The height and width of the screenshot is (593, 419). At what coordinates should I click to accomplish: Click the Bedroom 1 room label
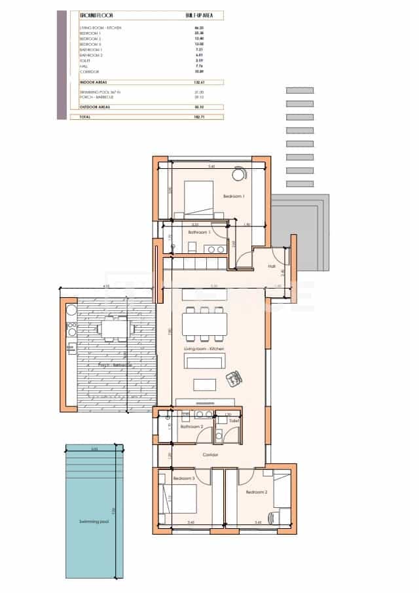(233, 196)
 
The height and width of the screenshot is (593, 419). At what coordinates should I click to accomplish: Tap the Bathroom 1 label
(197, 232)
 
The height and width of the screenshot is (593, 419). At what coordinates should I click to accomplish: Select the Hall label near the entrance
(271, 266)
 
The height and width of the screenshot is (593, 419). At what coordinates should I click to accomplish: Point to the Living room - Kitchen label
(204, 349)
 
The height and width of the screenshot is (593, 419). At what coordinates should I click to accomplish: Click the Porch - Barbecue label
(115, 365)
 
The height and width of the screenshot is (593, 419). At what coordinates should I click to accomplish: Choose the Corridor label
(210, 454)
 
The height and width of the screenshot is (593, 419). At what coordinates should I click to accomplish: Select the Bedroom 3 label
(184, 478)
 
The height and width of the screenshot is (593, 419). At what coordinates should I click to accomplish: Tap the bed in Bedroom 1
(199, 199)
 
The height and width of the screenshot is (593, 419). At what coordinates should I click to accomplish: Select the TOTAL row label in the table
(85, 117)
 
